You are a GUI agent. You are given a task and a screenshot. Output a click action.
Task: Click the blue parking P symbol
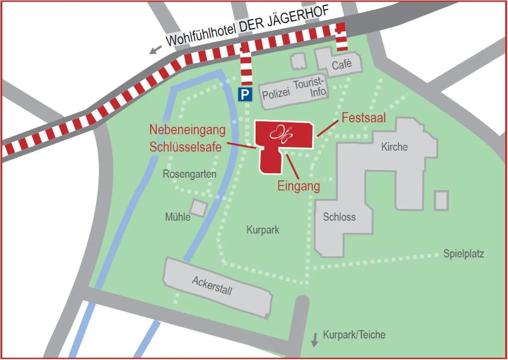tap(245, 95)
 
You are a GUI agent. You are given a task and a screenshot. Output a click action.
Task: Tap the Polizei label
tap(276, 94)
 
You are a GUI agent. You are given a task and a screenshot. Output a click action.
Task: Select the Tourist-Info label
tap(310, 87)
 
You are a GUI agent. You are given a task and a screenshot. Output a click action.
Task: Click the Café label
tap(342, 65)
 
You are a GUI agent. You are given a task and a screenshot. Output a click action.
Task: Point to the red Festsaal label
tap(364, 118)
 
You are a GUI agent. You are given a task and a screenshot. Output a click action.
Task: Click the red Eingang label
tap(299, 186)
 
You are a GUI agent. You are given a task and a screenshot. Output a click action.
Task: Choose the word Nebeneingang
tap(187, 131)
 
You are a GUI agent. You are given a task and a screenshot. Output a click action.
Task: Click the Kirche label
tap(394, 147)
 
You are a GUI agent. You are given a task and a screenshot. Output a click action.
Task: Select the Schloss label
tap(339, 217)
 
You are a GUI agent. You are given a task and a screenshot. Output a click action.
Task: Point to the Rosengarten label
tap(189, 174)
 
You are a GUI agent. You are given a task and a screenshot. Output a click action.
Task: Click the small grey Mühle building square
tap(198, 207)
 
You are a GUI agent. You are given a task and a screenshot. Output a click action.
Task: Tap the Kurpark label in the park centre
tap(262, 230)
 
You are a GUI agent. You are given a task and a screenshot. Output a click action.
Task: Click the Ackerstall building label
tap(212, 285)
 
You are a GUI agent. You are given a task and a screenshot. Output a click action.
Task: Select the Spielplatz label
tap(463, 254)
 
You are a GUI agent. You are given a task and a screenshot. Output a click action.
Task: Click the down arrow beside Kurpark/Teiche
tap(315, 339)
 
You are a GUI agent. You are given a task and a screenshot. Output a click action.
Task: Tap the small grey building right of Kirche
tap(441, 201)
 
